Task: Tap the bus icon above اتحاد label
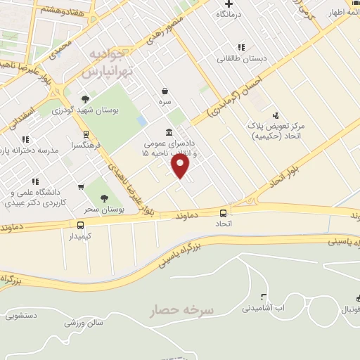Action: [223, 212]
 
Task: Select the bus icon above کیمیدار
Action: [80, 225]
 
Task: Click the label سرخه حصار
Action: [181, 310]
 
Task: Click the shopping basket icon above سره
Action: [165, 91]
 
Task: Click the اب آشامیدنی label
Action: [264, 308]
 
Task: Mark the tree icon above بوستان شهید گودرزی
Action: [86, 99]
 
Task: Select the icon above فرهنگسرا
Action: [86, 134]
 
